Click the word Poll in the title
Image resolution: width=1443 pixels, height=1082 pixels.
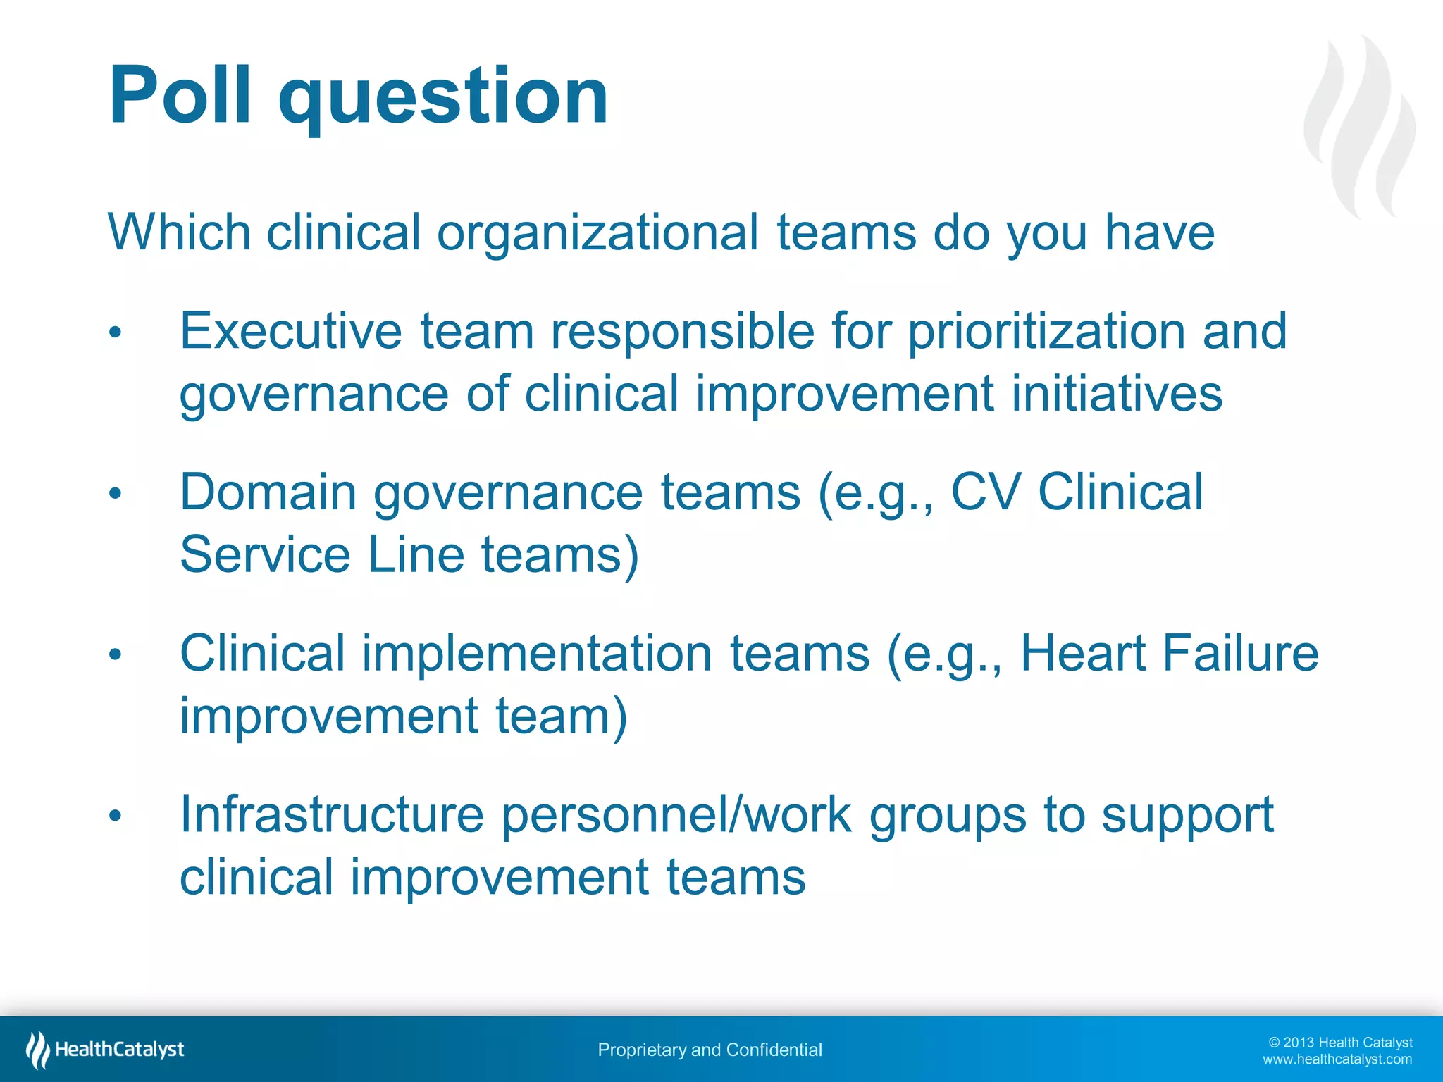[x=180, y=95]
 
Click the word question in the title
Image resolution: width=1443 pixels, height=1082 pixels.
[x=444, y=99]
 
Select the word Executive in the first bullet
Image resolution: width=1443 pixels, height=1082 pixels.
[x=291, y=331]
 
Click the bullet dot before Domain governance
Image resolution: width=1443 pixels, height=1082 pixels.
[x=116, y=494]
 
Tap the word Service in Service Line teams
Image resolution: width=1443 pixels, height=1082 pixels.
[x=265, y=555]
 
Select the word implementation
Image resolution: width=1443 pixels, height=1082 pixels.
[x=537, y=653]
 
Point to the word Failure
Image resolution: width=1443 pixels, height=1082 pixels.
[x=1240, y=653]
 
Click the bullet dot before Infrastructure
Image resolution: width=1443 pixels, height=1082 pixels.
[x=116, y=816]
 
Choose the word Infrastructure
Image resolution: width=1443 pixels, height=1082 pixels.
[x=332, y=814]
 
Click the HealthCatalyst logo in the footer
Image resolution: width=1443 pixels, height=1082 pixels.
[x=106, y=1050]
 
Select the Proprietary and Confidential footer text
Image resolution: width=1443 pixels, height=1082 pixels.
[x=710, y=1050]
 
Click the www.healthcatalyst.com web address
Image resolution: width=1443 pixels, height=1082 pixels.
[x=1337, y=1059]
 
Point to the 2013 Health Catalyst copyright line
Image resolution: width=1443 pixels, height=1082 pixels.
[x=1340, y=1043]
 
